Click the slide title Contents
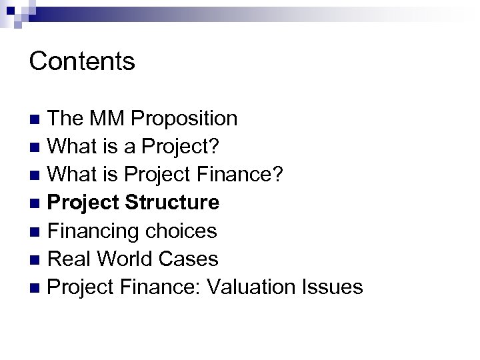tap(82, 61)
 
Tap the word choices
tap(181, 231)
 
